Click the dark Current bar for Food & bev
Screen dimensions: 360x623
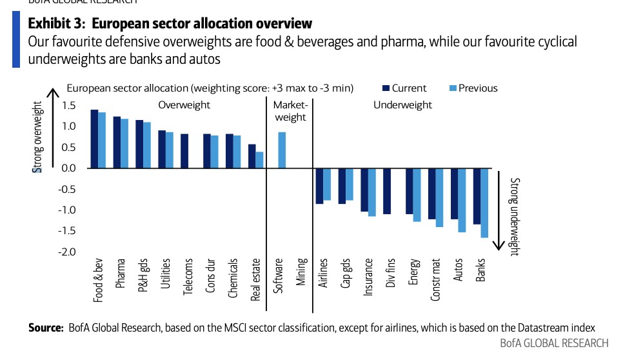click(x=94, y=139)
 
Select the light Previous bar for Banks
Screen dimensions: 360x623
click(x=484, y=203)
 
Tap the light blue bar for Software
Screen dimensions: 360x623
click(x=282, y=150)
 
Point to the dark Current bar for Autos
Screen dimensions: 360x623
click(x=454, y=193)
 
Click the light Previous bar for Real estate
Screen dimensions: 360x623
click(x=259, y=159)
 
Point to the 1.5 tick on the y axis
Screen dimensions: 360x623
click(x=68, y=105)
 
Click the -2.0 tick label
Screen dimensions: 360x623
click(x=67, y=252)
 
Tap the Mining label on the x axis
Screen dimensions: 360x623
click(x=301, y=273)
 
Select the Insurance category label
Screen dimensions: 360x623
click(x=368, y=277)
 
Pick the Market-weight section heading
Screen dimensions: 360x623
click(x=290, y=111)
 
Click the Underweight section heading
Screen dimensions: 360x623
click(x=403, y=105)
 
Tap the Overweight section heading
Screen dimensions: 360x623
click(x=184, y=105)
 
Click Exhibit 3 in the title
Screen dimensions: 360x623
click(x=57, y=24)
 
